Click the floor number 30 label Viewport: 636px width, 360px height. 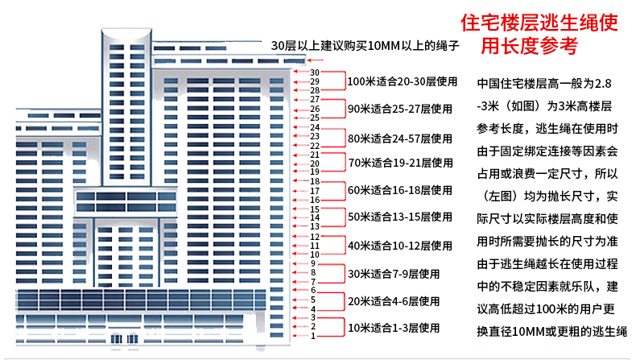(x=315, y=72)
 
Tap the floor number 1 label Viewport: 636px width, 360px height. (x=313, y=336)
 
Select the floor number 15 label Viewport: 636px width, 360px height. (x=315, y=209)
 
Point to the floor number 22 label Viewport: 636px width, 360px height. (x=315, y=146)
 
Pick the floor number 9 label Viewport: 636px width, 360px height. (x=312, y=263)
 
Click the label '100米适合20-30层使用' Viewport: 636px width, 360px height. (x=403, y=81)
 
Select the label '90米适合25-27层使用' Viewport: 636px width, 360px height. (x=400, y=109)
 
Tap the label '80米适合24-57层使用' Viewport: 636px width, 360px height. (x=400, y=139)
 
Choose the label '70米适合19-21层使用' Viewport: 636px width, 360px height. (x=401, y=163)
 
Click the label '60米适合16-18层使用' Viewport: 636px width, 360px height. (x=400, y=190)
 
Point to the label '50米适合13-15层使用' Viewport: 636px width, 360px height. (x=400, y=217)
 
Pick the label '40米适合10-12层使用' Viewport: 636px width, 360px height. (x=400, y=246)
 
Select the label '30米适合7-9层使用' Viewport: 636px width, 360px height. (x=394, y=274)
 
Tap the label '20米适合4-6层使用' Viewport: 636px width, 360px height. (x=394, y=301)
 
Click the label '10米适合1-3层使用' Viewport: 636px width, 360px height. (x=394, y=328)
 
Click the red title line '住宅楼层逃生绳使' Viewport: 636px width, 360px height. (x=539, y=23)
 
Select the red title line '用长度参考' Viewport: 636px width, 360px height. (x=529, y=45)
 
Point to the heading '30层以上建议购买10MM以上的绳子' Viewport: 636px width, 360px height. (x=365, y=45)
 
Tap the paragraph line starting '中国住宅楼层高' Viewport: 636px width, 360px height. (x=544, y=84)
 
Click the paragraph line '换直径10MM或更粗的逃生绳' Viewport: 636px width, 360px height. (x=552, y=332)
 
